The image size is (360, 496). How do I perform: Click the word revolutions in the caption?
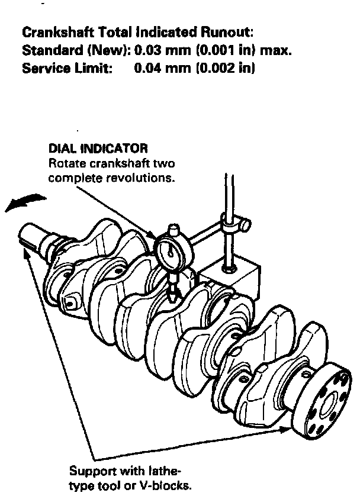147,176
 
